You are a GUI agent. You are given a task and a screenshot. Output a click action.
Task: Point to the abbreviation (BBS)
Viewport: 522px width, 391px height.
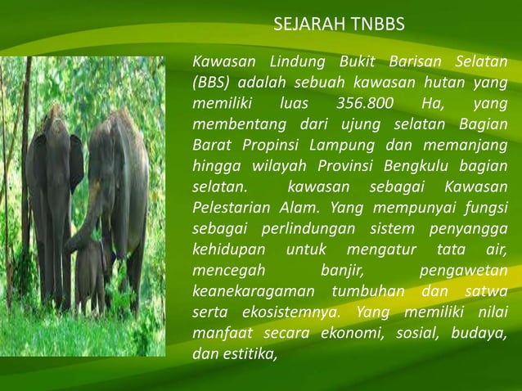click(209, 83)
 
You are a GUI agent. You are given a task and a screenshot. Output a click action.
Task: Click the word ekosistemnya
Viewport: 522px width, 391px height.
click(287, 313)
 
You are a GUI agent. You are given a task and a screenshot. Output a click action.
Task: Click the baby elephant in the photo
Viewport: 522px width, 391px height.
click(90, 270)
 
